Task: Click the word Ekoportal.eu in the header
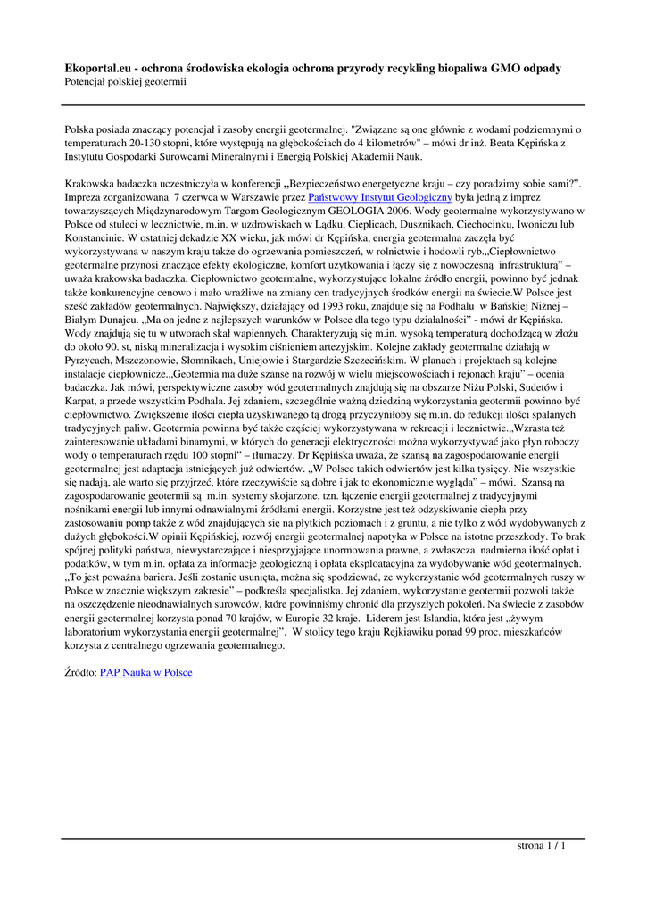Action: click(x=97, y=68)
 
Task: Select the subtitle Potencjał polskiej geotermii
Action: click(x=125, y=82)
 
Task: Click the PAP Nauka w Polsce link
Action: click(x=145, y=672)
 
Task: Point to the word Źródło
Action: click(x=80, y=672)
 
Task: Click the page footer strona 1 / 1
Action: click(x=542, y=846)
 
